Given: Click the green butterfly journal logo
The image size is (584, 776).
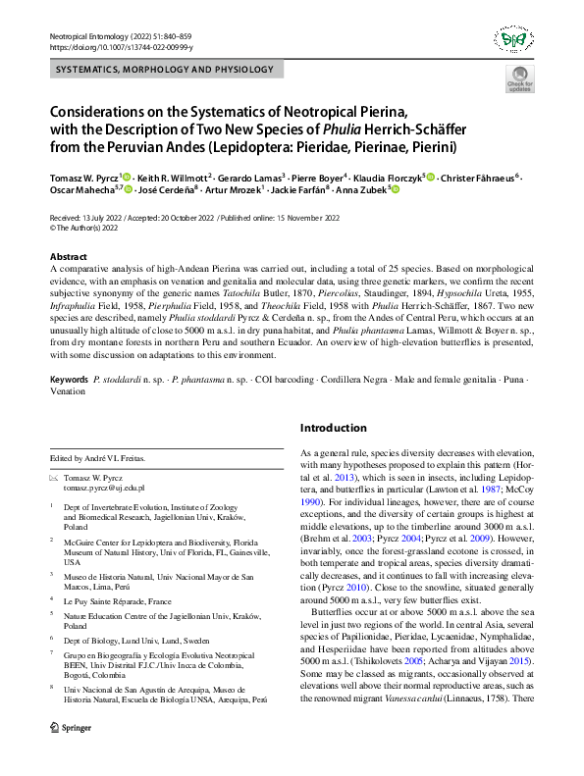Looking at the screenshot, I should (513, 40).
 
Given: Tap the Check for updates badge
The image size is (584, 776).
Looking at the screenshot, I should (519, 81).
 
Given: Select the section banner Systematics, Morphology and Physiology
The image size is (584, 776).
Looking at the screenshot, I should (164, 70).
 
